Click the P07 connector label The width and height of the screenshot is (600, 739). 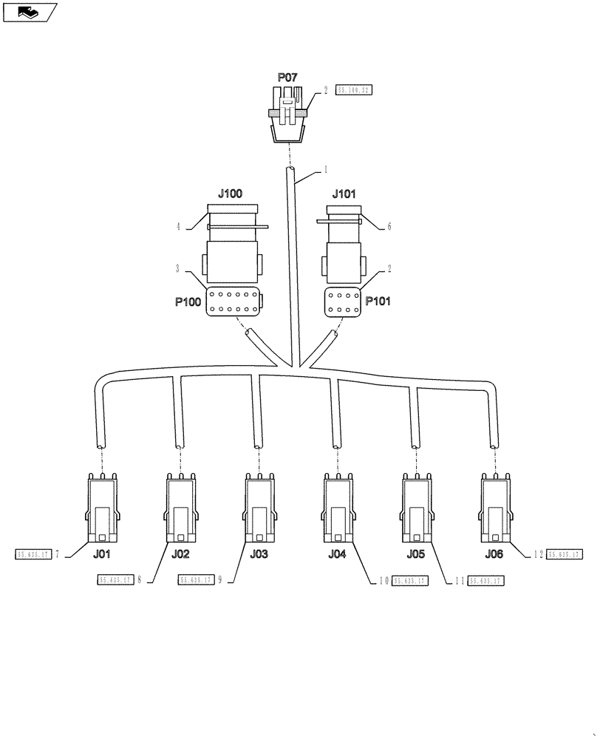point(287,77)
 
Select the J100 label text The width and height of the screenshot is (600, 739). point(230,194)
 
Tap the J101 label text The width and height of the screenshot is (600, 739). point(344,194)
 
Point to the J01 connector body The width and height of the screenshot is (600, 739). point(101,510)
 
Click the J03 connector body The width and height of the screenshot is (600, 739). point(259,510)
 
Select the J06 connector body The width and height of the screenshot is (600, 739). point(494,510)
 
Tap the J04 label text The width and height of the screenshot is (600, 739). point(336,554)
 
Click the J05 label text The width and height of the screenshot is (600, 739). point(415,554)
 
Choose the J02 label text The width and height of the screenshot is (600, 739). point(180,554)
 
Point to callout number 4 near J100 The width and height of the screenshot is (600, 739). point(178,227)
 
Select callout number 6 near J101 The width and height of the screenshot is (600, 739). point(389,227)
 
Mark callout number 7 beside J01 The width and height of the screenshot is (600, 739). point(56,554)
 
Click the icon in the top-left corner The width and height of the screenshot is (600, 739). point(29,12)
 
